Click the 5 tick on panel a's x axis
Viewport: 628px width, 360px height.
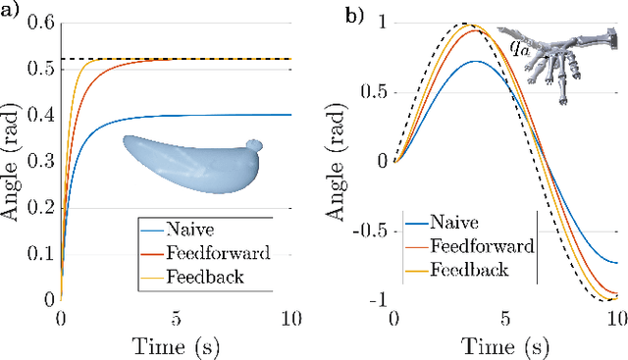click(x=177, y=317)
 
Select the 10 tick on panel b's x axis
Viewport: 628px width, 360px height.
click(x=614, y=317)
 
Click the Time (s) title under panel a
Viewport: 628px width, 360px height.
click(x=177, y=343)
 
